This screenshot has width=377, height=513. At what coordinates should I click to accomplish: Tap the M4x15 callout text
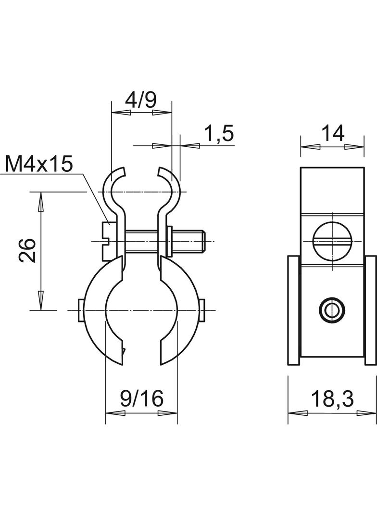pyautogui.click(x=38, y=164)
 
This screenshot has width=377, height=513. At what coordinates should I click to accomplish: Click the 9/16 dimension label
pyautogui.click(x=141, y=398)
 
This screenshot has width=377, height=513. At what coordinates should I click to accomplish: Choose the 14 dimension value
pyautogui.click(x=333, y=133)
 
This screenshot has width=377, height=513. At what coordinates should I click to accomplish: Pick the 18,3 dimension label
pyautogui.click(x=332, y=398)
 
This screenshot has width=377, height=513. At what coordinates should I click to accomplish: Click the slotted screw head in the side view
pyautogui.click(x=333, y=242)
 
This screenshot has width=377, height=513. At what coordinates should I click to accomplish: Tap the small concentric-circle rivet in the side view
pyautogui.click(x=332, y=309)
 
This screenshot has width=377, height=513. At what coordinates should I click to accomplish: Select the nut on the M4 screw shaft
pyautogui.click(x=169, y=242)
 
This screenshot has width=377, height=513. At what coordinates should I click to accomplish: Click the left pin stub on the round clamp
pyautogui.click(x=81, y=310)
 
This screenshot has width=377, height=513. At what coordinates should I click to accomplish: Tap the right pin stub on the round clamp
pyautogui.click(x=202, y=310)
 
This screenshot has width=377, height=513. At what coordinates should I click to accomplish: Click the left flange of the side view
pyautogui.click(x=293, y=309)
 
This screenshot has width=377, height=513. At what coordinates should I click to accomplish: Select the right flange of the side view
pyautogui.click(x=371, y=309)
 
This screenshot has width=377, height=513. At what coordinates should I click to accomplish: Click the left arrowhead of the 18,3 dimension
pyautogui.click(x=298, y=413)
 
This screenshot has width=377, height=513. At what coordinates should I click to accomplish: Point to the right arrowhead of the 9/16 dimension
pyautogui.click(x=167, y=413)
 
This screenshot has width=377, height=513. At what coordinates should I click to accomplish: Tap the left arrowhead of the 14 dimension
pyautogui.click(x=310, y=146)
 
